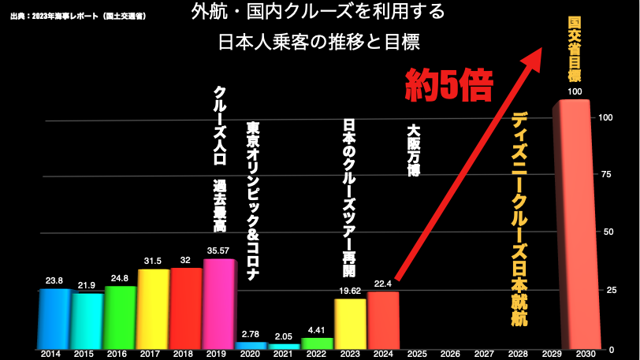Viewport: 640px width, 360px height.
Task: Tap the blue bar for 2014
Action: [x=54, y=319]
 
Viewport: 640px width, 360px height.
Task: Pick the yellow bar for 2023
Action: [x=350, y=324]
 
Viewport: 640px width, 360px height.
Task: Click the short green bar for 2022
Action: [x=317, y=343]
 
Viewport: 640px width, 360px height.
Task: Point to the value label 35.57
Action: [x=218, y=250]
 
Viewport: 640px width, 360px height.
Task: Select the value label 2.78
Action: [x=250, y=333]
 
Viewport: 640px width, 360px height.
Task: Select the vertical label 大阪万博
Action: [x=413, y=149]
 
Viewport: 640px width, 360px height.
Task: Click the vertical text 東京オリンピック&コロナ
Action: [x=252, y=201]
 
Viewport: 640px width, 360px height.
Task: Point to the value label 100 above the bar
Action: [x=575, y=92]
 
